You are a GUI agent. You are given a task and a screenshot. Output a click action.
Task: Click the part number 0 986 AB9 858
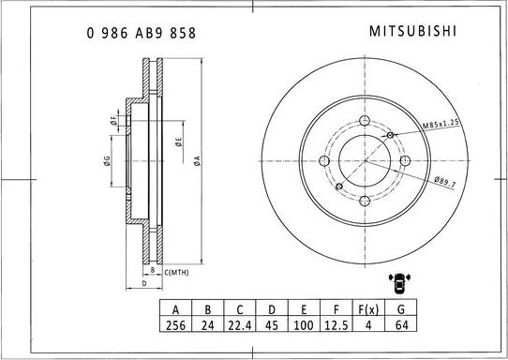[141, 32]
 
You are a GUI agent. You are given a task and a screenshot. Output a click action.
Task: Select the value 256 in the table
[174, 326]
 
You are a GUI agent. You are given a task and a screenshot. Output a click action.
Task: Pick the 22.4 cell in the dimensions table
[240, 326]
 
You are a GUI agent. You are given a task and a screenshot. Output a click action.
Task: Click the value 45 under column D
[273, 326]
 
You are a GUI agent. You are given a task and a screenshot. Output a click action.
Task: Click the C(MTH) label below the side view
[177, 272]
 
